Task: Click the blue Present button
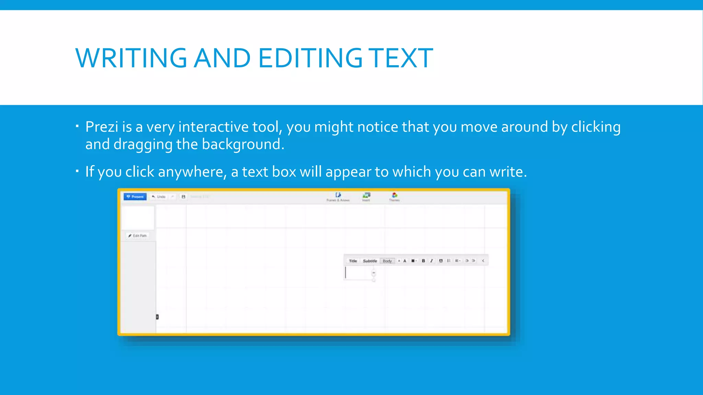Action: pyautogui.click(x=135, y=196)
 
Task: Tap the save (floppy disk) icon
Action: pyautogui.click(x=183, y=197)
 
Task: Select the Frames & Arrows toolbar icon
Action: pyautogui.click(x=338, y=197)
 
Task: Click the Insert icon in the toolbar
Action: pyautogui.click(x=366, y=196)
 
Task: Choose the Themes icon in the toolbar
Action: pyautogui.click(x=394, y=196)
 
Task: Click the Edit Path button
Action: pyautogui.click(x=137, y=236)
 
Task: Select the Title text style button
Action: pyautogui.click(x=353, y=261)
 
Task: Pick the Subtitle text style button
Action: pyautogui.click(x=370, y=261)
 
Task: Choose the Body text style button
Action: pyautogui.click(x=387, y=261)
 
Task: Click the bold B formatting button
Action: pyautogui.click(x=423, y=261)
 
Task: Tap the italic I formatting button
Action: pyautogui.click(x=431, y=261)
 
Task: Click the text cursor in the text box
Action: pyautogui.click(x=346, y=273)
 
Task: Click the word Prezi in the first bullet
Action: pyautogui.click(x=102, y=127)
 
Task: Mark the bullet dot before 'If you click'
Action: pyautogui.click(x=78, y=170)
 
